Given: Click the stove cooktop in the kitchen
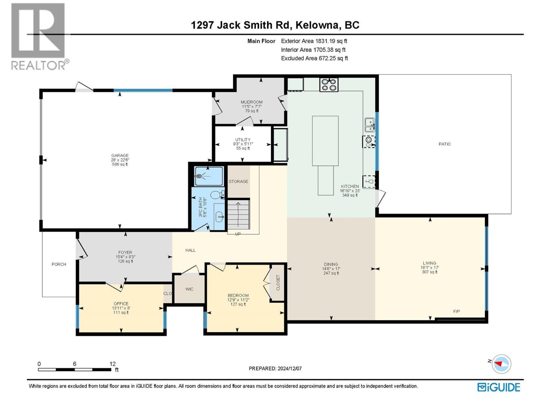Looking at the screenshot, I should (329, 84).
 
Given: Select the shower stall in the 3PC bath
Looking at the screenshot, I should (208, 176).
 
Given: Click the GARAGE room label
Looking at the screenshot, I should (119, 156).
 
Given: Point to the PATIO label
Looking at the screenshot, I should (444, 144).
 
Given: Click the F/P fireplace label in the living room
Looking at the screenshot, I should (456, 311).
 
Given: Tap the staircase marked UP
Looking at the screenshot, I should (238, 215).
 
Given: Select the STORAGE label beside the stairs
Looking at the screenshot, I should (238, 181).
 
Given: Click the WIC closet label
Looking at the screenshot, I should (189, 289).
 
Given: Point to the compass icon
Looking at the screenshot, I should (501, 364).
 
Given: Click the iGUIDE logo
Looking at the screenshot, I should (499, 387).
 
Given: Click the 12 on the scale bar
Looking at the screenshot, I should (113, 364).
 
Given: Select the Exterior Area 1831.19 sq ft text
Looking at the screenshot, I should (314, 41).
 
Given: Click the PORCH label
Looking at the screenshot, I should (59, 264).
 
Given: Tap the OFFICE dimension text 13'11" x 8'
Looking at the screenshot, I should (121, 308).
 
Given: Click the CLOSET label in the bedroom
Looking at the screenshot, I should (278, 283).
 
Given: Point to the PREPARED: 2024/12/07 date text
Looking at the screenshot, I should (275, 368).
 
